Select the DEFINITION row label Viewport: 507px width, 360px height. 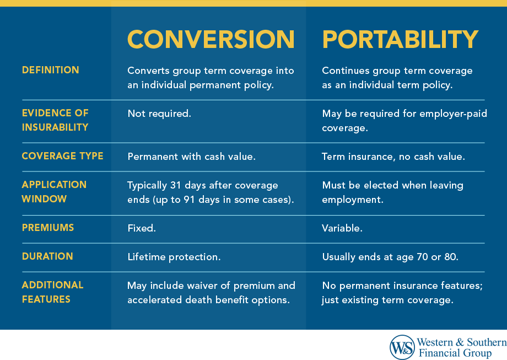(x=50, y=70)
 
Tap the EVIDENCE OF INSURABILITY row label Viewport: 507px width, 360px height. (x=55, y=120)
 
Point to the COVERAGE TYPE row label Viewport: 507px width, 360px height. (x=62, y=156)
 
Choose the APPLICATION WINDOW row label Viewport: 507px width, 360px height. (x=54, y=191)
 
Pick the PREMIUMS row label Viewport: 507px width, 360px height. (x=47, y=228)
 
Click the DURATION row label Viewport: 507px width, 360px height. (x=47, y=256)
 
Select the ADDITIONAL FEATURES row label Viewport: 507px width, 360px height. (x=52, y=292)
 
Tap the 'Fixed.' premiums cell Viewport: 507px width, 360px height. (x=142, y=228)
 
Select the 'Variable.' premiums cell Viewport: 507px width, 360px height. (x=342, y=228)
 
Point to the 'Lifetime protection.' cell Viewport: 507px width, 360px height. (x=174, y=256)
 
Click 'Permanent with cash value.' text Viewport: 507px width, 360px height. (x=191, y=157)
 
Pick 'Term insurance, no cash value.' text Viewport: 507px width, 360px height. (x=393, y=157)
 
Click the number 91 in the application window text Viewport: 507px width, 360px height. (x=191, y=200)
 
